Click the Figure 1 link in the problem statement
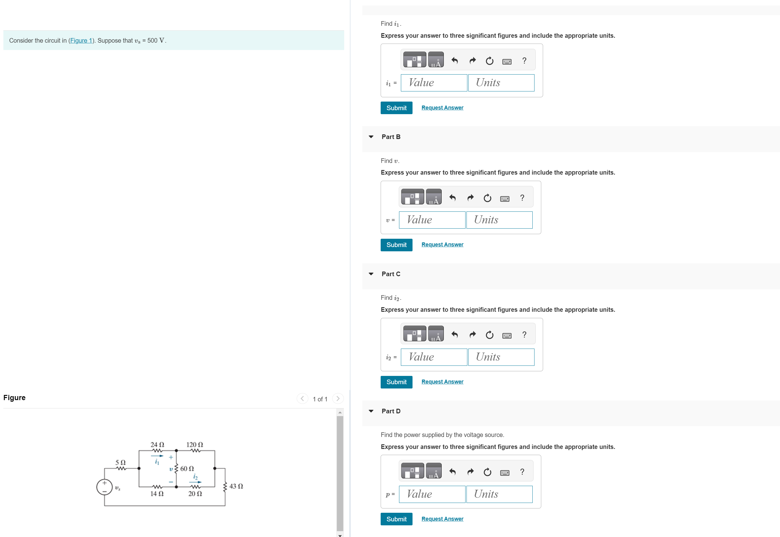pyautogui.click(x=81, y=41)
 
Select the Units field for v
pyautogui.click(x=499, y=220)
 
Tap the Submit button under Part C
pyautogui.click(x=396, y=382)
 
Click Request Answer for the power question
pyautogui.click(x=442, y=519)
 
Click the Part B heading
pyautogui.click(x=391, y=137)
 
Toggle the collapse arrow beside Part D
pyautogui.click(x=371, y=411)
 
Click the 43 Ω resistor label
pyautogui.click(x=236, y=486)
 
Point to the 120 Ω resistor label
pyautogui.click(x=195, y=444)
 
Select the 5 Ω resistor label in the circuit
pyautogui.click(x=120, y=463)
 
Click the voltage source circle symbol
pyautogui.click(x=105, y=487)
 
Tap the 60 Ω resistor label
pyautogui.click(x=187, y=469)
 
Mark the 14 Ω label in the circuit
pyautogui.click(x=157, y=494)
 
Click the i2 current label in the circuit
pyautogui.click(x=195, y=477)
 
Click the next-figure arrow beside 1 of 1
pyautogui.click(x=338, y=399)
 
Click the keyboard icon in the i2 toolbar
pyautogui.click(x=507, y=335)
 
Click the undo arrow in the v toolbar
pyautogui.click(x=452, y=198)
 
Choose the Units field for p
pyautogui.click(x=499, y=494)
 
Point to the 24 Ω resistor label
pyautogui.click(x=157, y=444)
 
